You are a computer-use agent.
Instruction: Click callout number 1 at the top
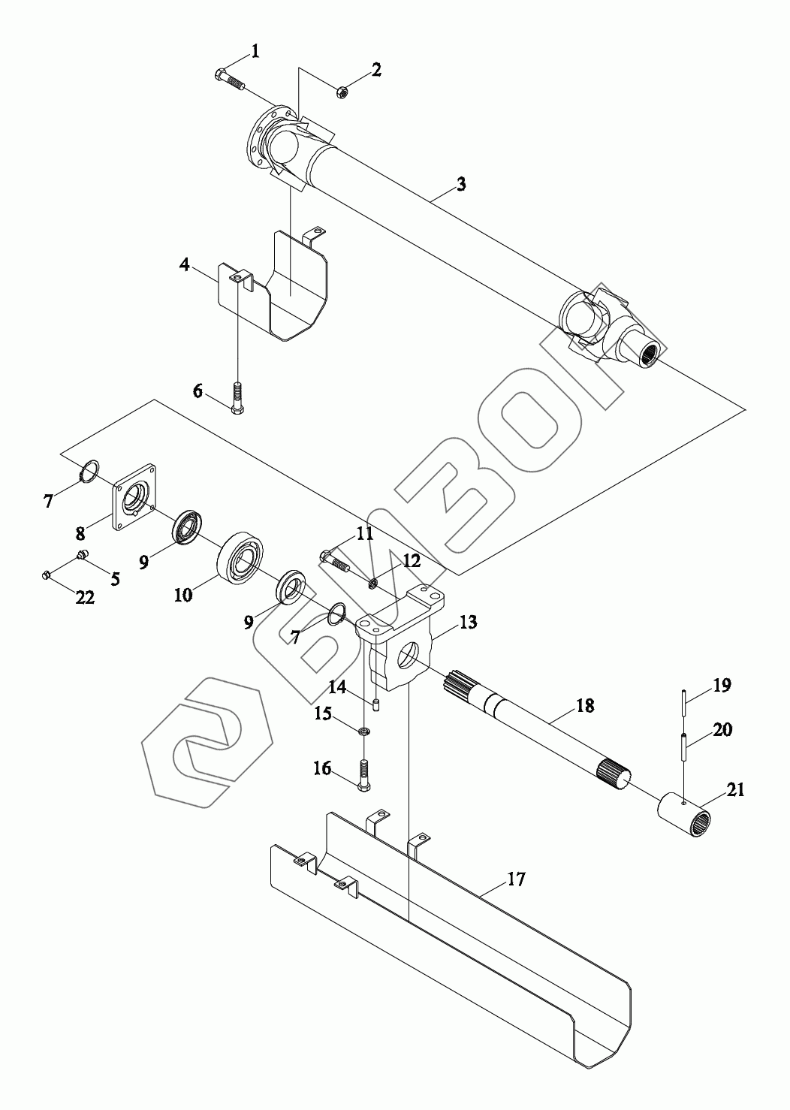coord(255,51)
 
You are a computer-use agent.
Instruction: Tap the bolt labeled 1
coord(228,79)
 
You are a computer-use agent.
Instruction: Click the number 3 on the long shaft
coord(461,183)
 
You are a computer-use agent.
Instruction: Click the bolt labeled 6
coord(237,401)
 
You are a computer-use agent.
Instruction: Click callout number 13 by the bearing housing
coord(468,623)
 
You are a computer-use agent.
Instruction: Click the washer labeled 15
coord(364,731)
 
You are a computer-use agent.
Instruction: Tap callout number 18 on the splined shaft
coord(584,705)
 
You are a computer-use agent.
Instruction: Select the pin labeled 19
coord(685,700)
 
